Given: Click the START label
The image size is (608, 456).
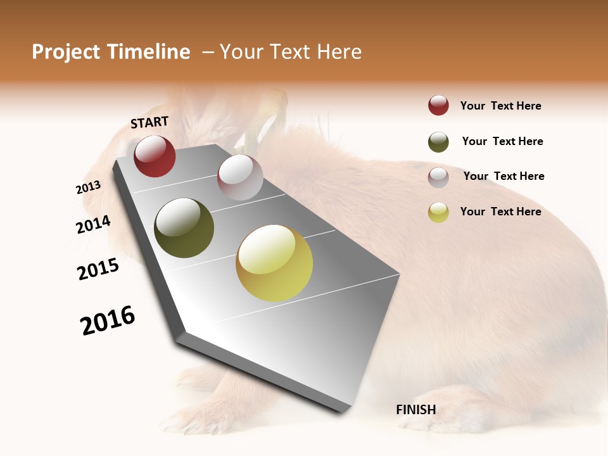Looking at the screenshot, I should [x=149, y=122].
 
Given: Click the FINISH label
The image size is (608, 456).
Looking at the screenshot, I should [x=415, y=410].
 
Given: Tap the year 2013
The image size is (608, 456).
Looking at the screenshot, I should [x=89, y=187].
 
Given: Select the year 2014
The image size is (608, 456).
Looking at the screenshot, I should [x=93, y=225].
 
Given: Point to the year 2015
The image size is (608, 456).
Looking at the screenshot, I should [x=98, y=269].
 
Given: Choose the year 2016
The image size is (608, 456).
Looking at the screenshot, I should [x=108, y=320].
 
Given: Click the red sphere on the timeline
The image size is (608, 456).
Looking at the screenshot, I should [x=155, y=156].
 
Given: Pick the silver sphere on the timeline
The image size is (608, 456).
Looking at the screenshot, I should [x=240, y=177].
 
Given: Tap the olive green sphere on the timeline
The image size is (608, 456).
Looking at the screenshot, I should [x=184, y=228].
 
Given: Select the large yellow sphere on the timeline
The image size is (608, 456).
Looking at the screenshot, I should [x=274, y=263].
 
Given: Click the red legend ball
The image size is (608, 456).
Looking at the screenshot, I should [x=438, y=106].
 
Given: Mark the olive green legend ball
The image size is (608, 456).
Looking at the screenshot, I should [x=438, y=142].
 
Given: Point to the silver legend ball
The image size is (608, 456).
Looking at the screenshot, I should [x=438, y=177].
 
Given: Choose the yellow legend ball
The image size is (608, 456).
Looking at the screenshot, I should [x=438, y=212].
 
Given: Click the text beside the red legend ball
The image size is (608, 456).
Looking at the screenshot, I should [x=500, y=106].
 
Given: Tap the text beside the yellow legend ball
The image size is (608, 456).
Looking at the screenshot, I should [x=500, y=212].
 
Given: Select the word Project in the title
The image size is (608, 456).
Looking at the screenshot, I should [x=65, y=52].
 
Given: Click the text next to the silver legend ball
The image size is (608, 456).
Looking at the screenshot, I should [x=503, y=176].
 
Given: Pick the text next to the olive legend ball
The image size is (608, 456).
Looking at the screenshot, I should [x=502, y=141].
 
